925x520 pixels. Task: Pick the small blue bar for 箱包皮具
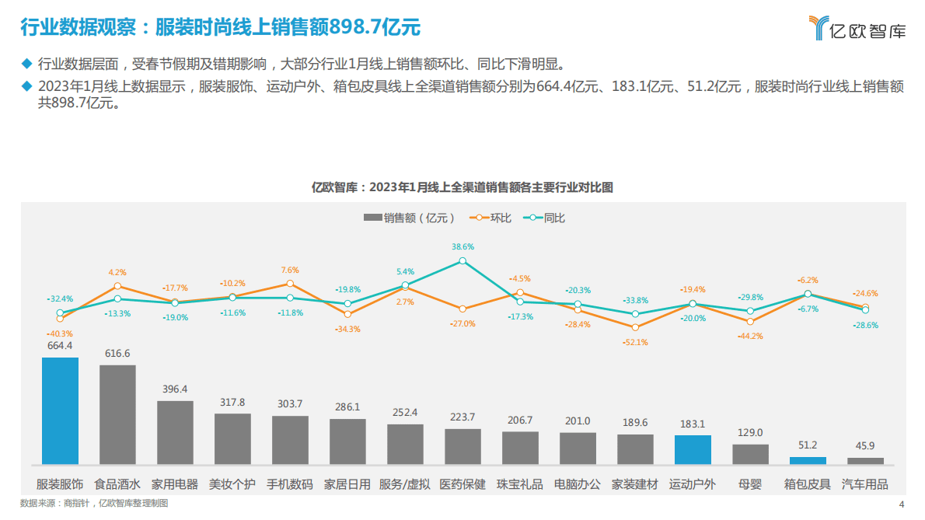tap(808, 460)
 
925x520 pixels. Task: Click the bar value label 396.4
tap(175, 389)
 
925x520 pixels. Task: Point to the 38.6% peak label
tap(462, 246)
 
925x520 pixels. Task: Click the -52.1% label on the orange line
tap(636, 342)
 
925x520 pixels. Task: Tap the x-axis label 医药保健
tap(462, 484)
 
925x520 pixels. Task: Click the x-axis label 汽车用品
tap(865, 484)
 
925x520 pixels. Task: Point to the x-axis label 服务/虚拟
tap(405, 484)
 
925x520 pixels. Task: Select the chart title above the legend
tap(462, 187)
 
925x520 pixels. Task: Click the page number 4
tap(901, 504)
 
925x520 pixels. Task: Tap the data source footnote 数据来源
tap(94, 504)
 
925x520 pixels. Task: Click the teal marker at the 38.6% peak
tap(462, 261)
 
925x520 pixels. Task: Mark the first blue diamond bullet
tap(26, 63)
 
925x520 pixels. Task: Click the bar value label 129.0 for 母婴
tap(750, 432)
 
